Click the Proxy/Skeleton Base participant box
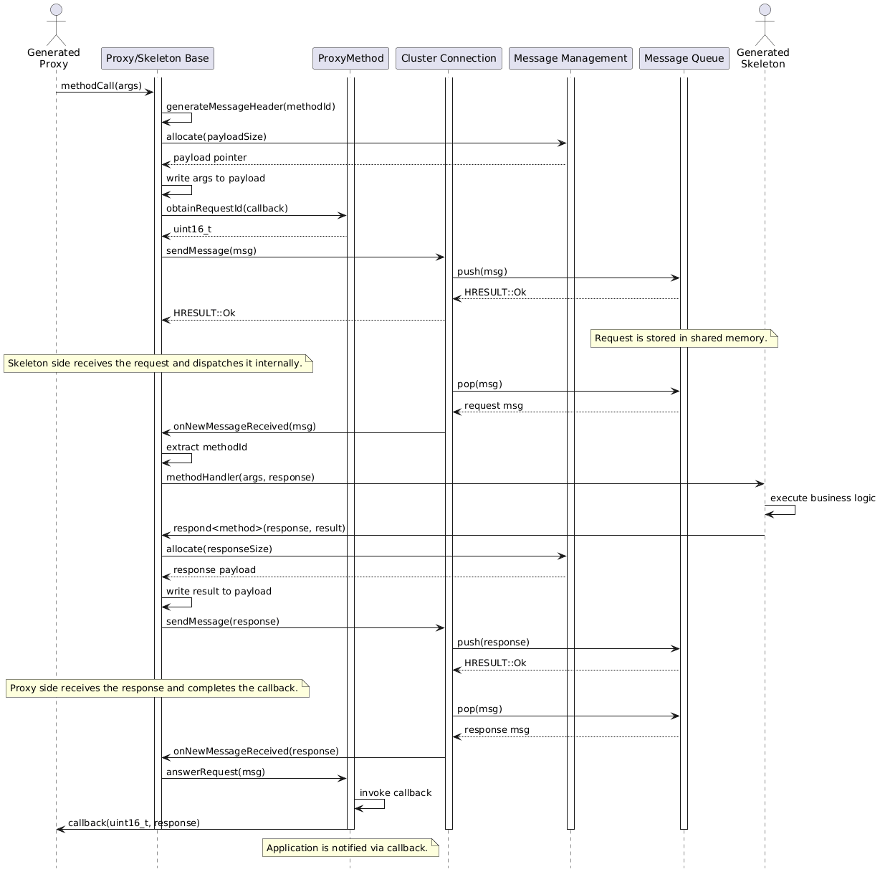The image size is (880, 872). coord(157,59)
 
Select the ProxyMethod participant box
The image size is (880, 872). coord(350,59)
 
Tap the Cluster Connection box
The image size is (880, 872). coord(449,59)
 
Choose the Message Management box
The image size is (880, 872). coord(570,59)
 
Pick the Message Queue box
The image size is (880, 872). coord(684,59)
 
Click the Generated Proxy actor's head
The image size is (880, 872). coord(56,9)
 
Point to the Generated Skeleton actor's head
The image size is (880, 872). coord(765,9)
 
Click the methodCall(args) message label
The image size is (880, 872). coord(101,86)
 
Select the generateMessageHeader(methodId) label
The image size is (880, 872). coord(251,106)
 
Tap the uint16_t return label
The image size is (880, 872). coord(192,229)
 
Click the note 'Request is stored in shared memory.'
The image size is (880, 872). coord(684,338)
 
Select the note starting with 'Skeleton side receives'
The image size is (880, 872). coord(158,364)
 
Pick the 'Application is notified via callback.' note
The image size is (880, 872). coord(350,848)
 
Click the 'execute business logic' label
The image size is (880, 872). coord(823,498)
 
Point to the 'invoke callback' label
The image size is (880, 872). coord(396,793)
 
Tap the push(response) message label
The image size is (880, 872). coord(493,642)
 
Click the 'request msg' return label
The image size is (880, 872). coord(494,406)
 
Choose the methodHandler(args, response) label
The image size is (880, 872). coord(240,478)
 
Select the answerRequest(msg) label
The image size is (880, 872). coord(216,772)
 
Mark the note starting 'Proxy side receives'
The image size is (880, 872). coord(158,688)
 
